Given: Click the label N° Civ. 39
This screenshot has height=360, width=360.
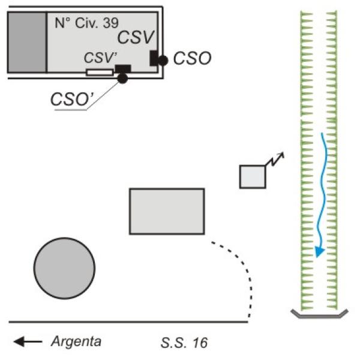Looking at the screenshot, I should click(86, 25).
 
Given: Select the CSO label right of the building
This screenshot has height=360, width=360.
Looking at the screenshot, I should click(191, 58).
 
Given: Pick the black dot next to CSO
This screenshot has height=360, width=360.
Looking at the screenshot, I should click(163, 59).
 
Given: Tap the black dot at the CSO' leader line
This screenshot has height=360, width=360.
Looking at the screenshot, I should click(122, 78).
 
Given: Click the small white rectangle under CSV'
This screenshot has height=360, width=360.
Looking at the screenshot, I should click(99, 73).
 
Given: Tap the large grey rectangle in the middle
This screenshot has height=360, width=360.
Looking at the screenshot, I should click(167, 211).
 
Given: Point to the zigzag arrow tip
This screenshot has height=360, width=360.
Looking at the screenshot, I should click(283, 154).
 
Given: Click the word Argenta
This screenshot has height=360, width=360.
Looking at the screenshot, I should click(76, 342).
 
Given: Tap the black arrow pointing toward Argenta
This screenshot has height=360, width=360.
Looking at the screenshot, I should click(28, 342).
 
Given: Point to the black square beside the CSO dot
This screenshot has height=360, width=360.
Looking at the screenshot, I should click(154, 58).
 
